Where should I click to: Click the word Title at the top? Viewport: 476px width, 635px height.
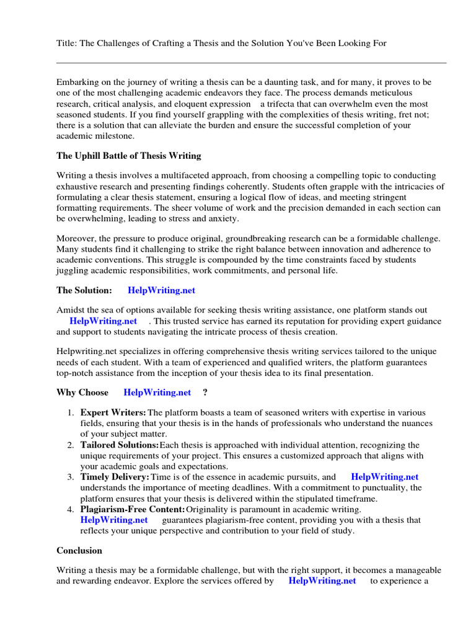pos(66,43)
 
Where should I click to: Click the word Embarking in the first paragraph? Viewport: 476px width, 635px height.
pos(77,82)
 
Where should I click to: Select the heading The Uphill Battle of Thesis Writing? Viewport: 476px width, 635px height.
pos(129,156)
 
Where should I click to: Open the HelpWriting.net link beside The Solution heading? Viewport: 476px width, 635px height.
pos(161,290)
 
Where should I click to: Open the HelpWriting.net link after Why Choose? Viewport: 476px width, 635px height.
pos(157,393)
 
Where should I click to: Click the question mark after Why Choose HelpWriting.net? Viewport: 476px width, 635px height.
pos(205,393)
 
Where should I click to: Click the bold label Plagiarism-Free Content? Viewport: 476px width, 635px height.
pos(133,509)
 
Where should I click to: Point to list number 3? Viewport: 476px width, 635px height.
pos(70,477)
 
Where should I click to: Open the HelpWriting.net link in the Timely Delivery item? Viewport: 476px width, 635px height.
pos(384,477)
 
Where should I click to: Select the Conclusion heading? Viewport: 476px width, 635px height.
pos(79,550)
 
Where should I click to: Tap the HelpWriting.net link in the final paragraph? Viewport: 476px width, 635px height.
pos(322,580)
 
